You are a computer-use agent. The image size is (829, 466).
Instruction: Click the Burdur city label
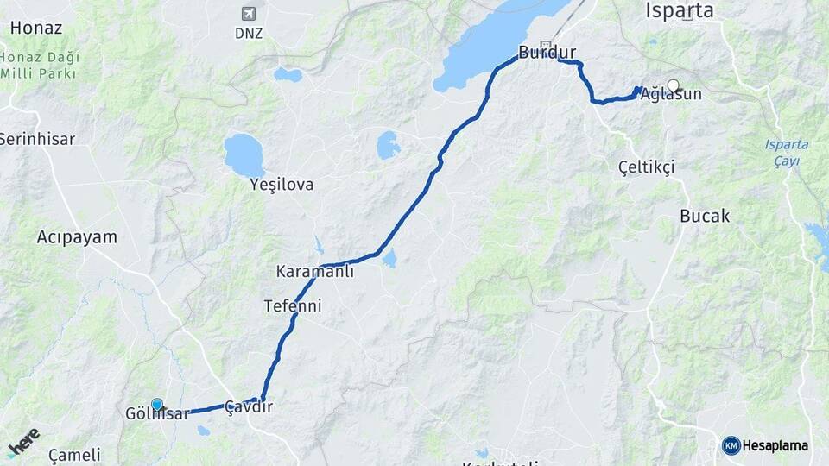(x=547, y=53)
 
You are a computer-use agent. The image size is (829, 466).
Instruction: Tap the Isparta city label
(x=680, y=11)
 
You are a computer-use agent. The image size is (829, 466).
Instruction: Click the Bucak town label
(x=705, y=216)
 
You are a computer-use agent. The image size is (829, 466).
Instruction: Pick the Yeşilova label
(x=282, y=185)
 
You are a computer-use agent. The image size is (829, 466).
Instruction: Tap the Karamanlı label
(x=314, y=271)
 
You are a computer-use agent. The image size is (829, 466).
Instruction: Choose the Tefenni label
(x=293, y=305)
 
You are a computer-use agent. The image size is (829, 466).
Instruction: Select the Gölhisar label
(x=157, y=414)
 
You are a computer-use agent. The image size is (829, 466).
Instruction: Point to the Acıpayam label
(x=77, y=236)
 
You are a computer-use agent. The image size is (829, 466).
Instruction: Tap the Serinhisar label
(x=37, y=138)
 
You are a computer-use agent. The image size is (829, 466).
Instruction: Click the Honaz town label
(x=36, y=28)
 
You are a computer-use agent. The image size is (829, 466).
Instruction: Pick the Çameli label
(x=74, y=454)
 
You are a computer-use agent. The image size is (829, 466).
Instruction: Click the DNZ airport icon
(x=249, y=14)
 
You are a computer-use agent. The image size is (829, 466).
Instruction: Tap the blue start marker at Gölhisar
(x=157, y=404)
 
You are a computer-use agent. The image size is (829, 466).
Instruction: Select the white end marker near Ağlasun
(x=673, y=85)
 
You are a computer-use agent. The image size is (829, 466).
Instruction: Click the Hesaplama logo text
(x=775, y=445)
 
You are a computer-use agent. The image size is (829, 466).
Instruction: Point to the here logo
(x=23, y=440)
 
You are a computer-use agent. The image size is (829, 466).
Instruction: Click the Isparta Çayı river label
(x=786, y=152)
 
